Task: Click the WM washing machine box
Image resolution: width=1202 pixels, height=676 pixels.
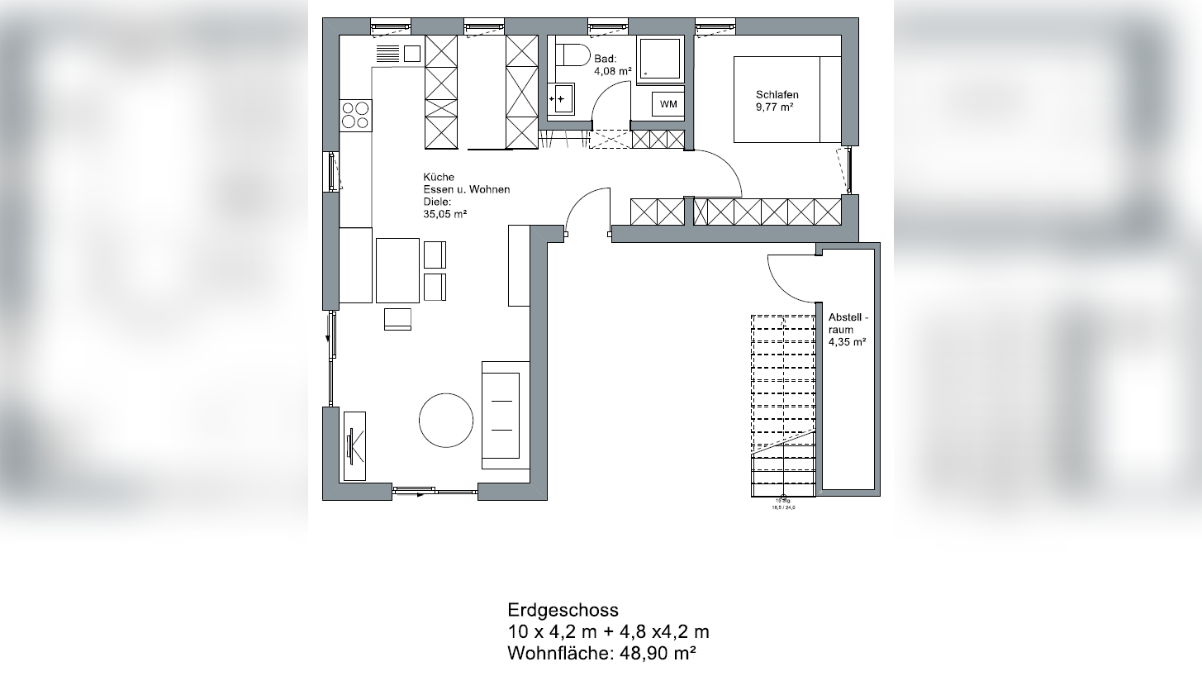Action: pos(668,104)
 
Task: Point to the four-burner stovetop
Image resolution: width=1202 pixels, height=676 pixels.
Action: pos(355,115)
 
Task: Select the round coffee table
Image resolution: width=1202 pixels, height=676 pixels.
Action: pos(446,420)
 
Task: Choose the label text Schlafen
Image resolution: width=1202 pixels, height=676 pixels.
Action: pos(777,95)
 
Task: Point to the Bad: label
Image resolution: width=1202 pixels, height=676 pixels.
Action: pos(606,59)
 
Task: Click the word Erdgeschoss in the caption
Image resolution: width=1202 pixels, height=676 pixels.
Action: pos(563,611)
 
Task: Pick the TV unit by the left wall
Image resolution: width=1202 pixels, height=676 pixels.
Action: pos(355,445)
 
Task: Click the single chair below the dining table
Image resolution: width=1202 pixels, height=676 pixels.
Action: pos(397,319)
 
